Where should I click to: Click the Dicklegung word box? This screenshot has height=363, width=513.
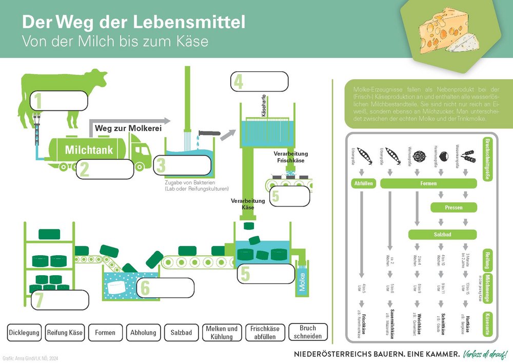click(x=24, y=333)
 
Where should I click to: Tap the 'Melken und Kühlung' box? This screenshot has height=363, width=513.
click(x=221, y=333)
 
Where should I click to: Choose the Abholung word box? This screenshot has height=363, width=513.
click(x=143, y=333)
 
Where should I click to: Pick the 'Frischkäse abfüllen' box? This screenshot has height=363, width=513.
click(x=265, y=333)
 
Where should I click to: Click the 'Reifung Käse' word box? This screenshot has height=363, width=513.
click(x=65, y=333)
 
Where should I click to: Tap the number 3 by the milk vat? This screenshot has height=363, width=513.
click(x=161, y=166)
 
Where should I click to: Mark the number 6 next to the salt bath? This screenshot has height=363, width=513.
click(x=146, y=288)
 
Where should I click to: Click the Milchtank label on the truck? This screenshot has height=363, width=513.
click(x=89, y=150)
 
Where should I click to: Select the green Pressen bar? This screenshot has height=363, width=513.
click(x=454, y=208)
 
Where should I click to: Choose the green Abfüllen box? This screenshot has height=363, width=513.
click(x=363, y=183)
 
